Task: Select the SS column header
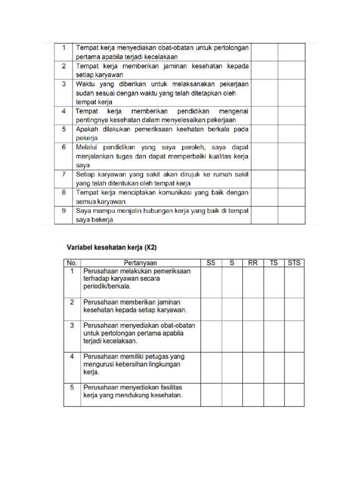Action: click(x=211, y=263)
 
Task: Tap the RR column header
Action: click(x=253, y=263)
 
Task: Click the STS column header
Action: click(x=294, y=263)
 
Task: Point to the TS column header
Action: click(x=274, y=263)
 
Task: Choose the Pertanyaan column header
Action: click(x=141, y=263)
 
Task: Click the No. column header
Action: click(x=72, y=263)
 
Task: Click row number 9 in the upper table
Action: click(x=63, y=211)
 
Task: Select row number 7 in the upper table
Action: click(x=63, y=174)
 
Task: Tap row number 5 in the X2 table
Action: click(x=72, y=388)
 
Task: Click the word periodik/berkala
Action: click(x=107, y=286)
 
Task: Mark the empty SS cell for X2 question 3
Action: click(x=211, y=336)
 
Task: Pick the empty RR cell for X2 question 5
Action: click(x=253, y=395)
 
